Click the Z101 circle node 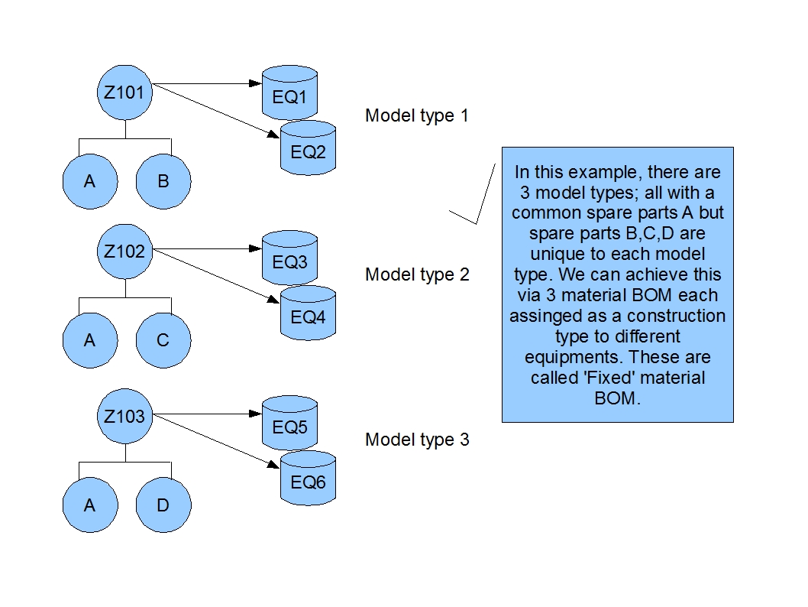(125, 93)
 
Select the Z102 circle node (125, 252)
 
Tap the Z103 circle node (125, 417)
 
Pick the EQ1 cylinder (289, 95)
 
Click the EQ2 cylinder (309, 148)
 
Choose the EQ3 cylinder (289, 260)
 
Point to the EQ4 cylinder (309, 313)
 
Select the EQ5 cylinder (289, 424)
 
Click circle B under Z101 (163, 182)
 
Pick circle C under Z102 (163, 341)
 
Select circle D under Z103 (163, 505)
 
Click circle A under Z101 (90, 182)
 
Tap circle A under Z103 (90, 505)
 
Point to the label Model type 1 (416, 116)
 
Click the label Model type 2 (416, 274)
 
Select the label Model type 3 (416, 440)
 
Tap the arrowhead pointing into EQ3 (257, 248)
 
